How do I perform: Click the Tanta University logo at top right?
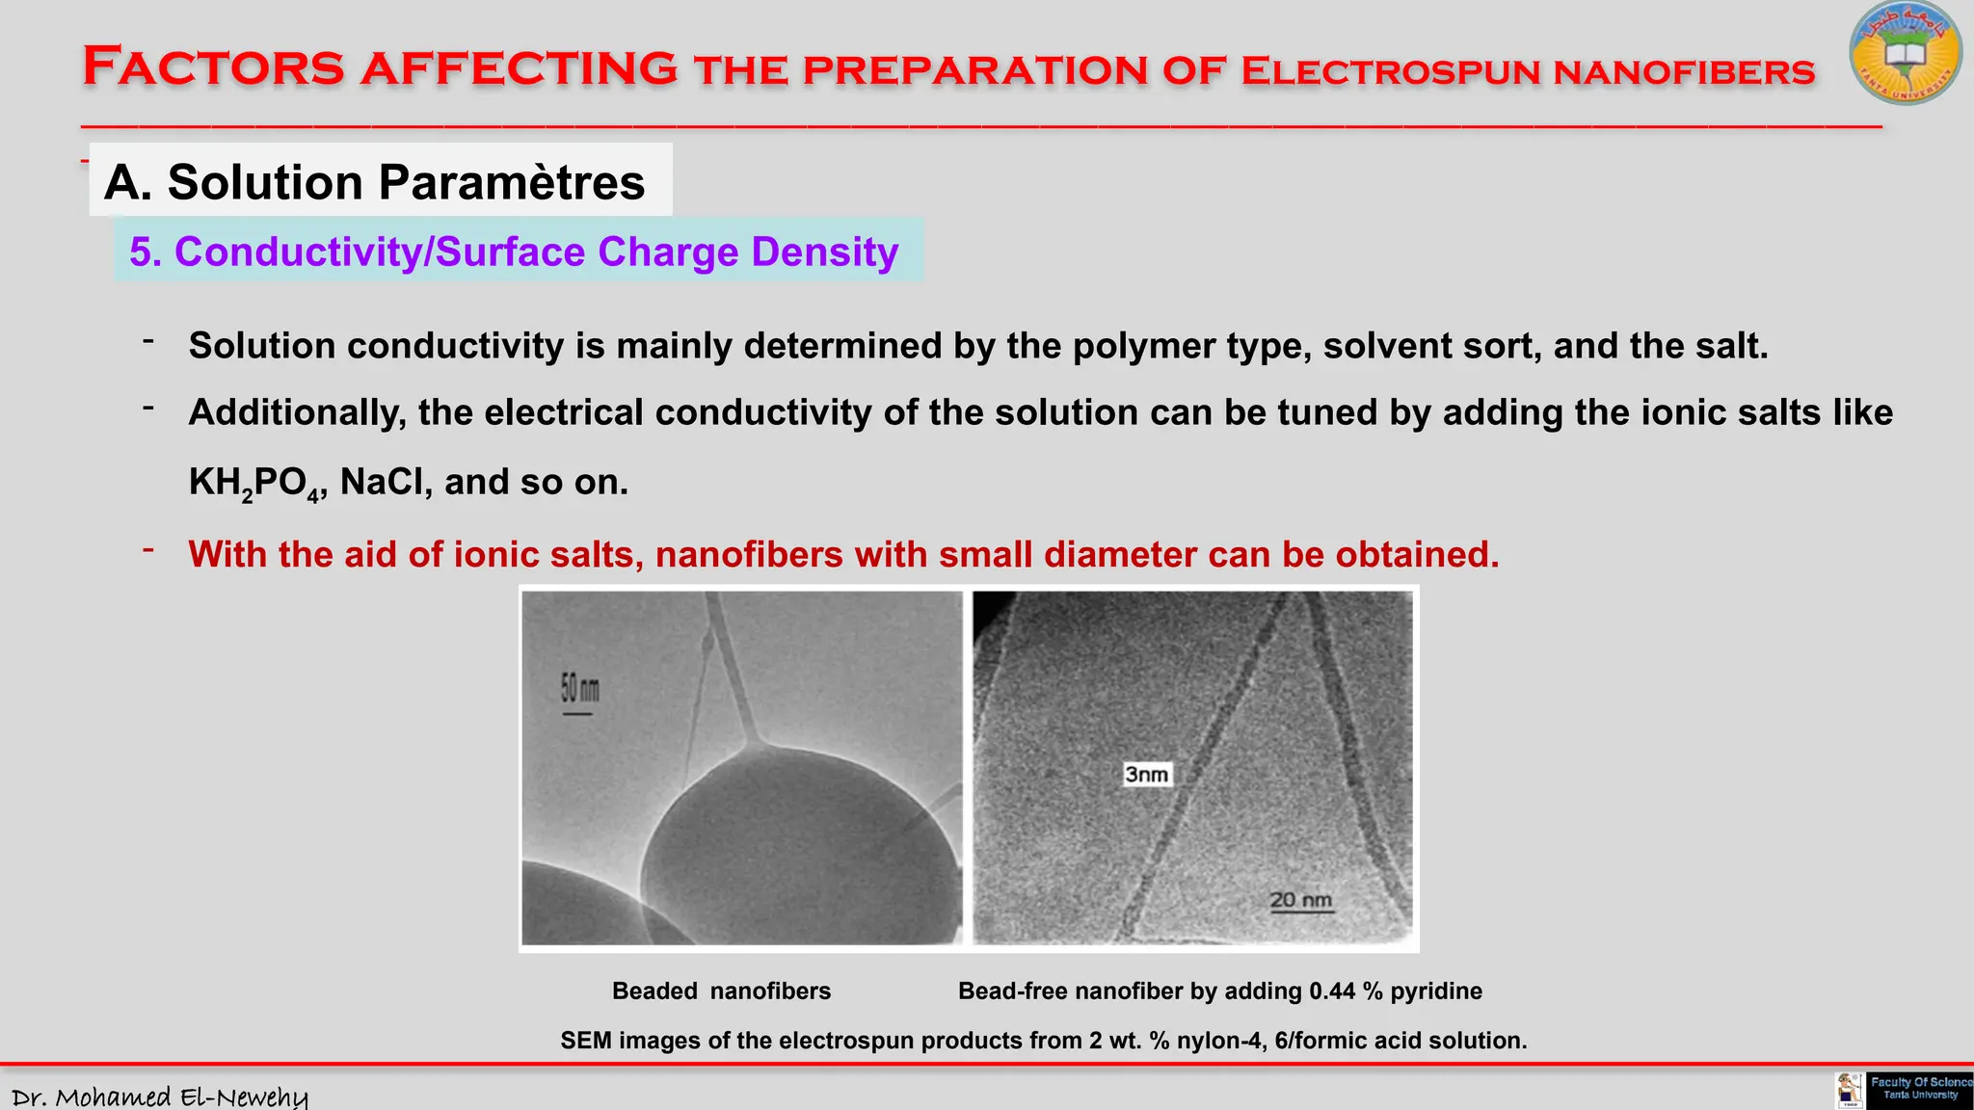[1905, 54]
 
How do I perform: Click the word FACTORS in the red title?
[213, 67]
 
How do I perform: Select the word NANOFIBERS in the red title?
[1684, 72]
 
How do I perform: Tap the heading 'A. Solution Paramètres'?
[375, 182]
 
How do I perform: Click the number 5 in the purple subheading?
[141, 252]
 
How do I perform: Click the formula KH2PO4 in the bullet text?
[254, 483]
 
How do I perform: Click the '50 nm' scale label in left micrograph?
[579, 690]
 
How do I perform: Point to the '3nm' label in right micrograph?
[1146, 775]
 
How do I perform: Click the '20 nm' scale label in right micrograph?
[1300, 901]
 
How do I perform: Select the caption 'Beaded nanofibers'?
[721, 991]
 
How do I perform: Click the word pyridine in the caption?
[1436, 991]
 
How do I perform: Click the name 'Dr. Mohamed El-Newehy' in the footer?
[160, 1097]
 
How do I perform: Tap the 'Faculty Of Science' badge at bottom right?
[1919, 1089]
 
